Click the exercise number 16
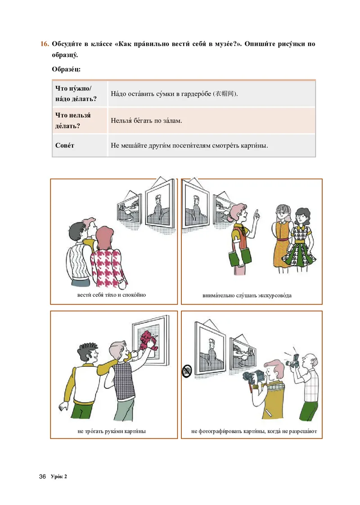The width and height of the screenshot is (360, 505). tap(45, 44)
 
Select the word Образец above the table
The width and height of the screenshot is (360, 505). tap(66, 69)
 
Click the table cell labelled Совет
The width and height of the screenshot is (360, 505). tap(65, 145)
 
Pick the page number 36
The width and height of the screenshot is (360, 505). tap(42, 476)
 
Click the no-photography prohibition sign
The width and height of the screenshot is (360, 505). tap(187, 371)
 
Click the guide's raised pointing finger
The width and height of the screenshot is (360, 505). tap(256, 213)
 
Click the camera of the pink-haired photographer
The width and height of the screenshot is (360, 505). tap(253, 377)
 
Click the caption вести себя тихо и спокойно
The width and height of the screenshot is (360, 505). tap(112, 295)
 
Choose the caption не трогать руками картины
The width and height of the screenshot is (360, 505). tap(112, 431)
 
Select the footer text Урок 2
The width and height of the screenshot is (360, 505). tap(59, 476)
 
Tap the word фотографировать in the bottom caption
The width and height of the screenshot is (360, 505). tap(220, 431)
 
